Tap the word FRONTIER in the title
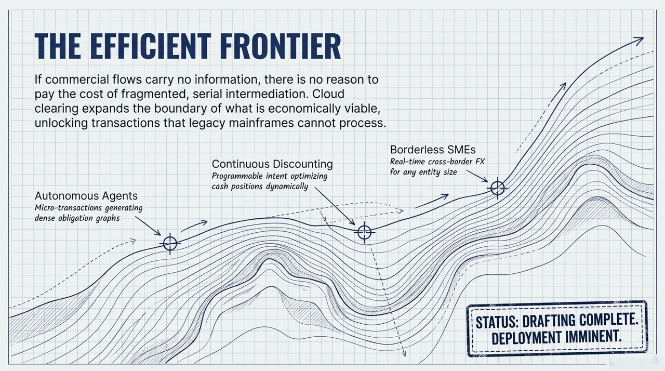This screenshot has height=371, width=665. (x=279, y=47)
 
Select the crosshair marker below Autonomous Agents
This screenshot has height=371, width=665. (x=170, y=243)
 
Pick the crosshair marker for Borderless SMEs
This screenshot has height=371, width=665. (x=498, y=188)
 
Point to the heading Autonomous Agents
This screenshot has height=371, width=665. (x=86, y=196)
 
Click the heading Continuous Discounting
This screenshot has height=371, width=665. (x=272, y=164)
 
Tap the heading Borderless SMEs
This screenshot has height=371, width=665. (x=432, y=150)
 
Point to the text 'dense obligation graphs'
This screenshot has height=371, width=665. (x=77, y=218)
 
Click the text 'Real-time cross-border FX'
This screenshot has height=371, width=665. (x=437, y=162)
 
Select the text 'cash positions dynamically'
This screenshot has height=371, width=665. (x=259, y=187)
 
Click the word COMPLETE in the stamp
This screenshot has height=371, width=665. (x=603, y=321)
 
